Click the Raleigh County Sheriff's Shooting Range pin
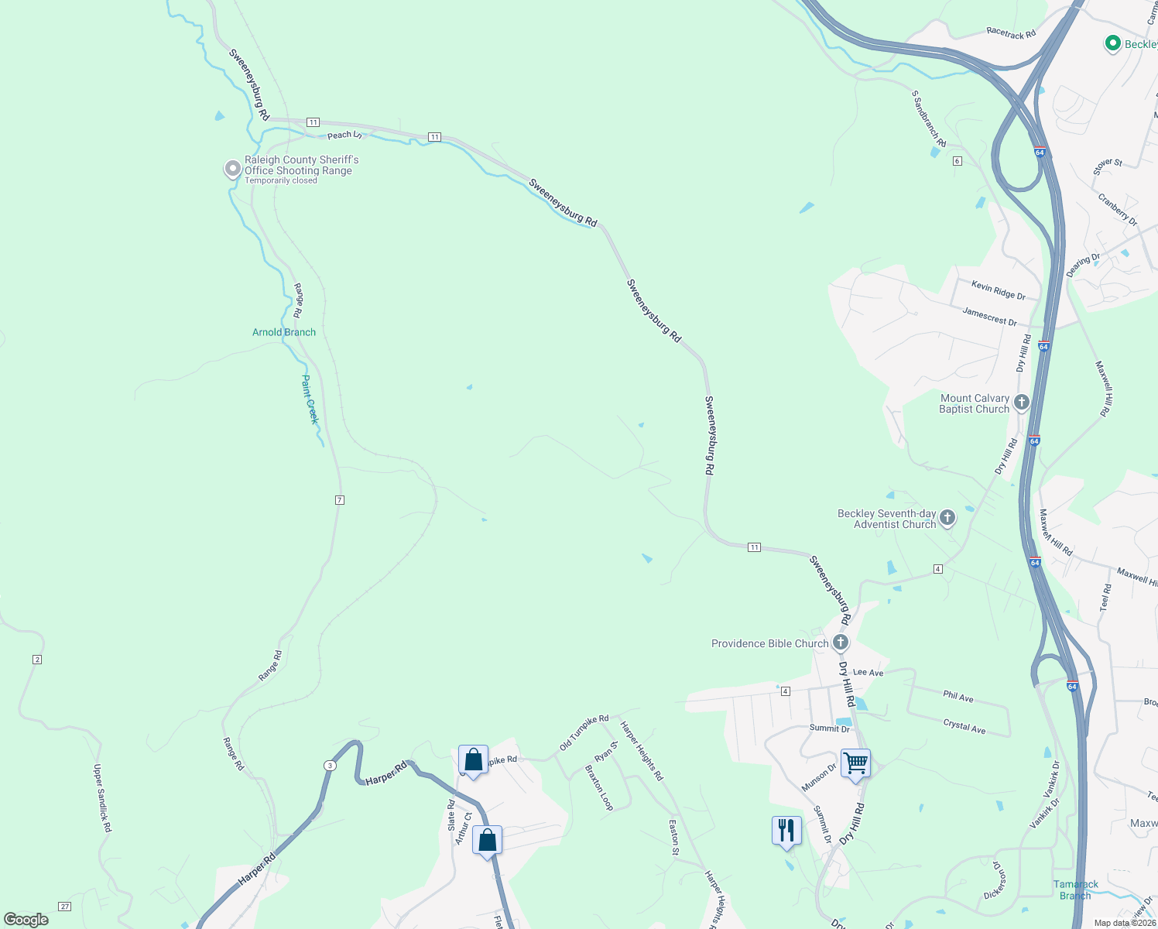232,169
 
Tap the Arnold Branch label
284,332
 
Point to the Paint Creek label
310,399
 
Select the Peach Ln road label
344,135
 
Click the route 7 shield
339,500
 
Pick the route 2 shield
37,660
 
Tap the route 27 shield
65,907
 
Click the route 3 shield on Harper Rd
331,766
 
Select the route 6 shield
958,161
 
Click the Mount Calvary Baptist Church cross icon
1022,402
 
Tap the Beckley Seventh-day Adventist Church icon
947,518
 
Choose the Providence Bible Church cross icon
841,643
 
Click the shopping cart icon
855,763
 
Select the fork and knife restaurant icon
786,831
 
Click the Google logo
26,919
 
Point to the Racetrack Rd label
1011,33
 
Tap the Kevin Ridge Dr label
998,291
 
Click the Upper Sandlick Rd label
103,798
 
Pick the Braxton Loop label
599,788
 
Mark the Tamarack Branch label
1075,890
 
